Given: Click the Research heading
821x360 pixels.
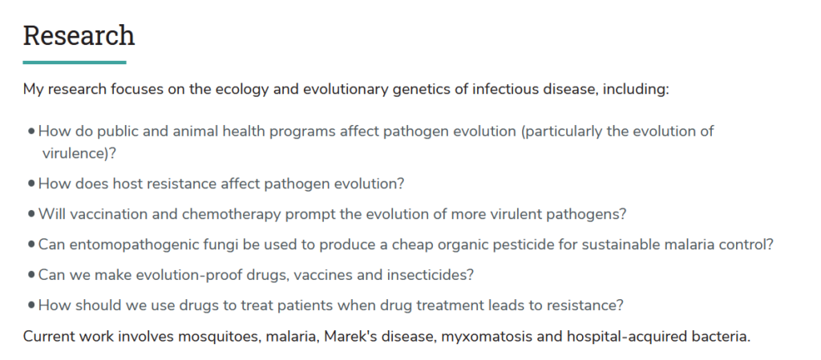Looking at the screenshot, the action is coord(79,35).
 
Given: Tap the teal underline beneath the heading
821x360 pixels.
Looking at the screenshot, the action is coord(75,63).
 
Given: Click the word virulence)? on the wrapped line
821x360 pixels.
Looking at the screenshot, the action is coord(79,153).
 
